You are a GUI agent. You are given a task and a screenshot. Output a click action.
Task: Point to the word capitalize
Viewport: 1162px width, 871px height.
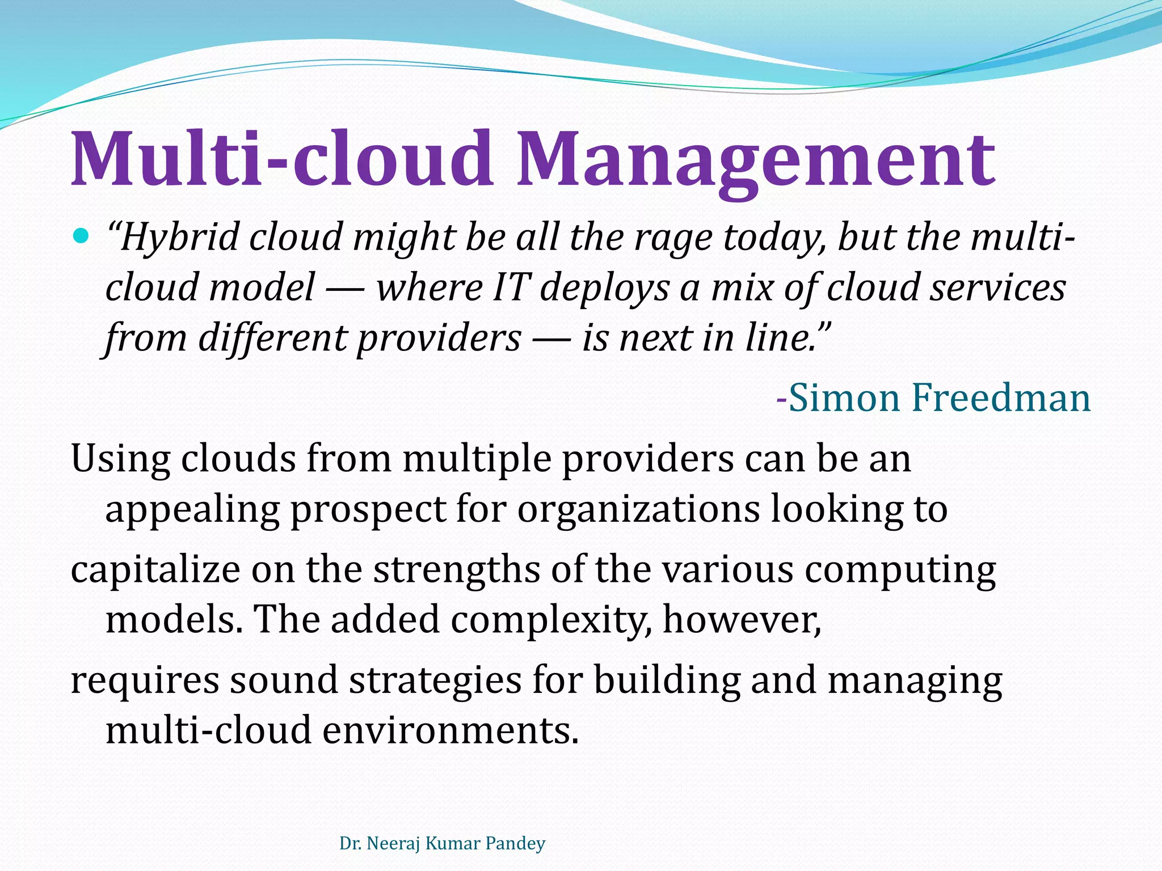click(x=155, y=570)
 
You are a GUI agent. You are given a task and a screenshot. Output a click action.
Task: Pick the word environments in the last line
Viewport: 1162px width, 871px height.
click(x=451, y=730)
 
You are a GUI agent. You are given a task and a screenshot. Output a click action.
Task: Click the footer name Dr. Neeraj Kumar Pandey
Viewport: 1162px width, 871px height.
click(x=442, y=843)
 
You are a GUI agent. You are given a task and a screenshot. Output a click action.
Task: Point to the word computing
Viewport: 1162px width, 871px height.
click(x=900, y=570)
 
